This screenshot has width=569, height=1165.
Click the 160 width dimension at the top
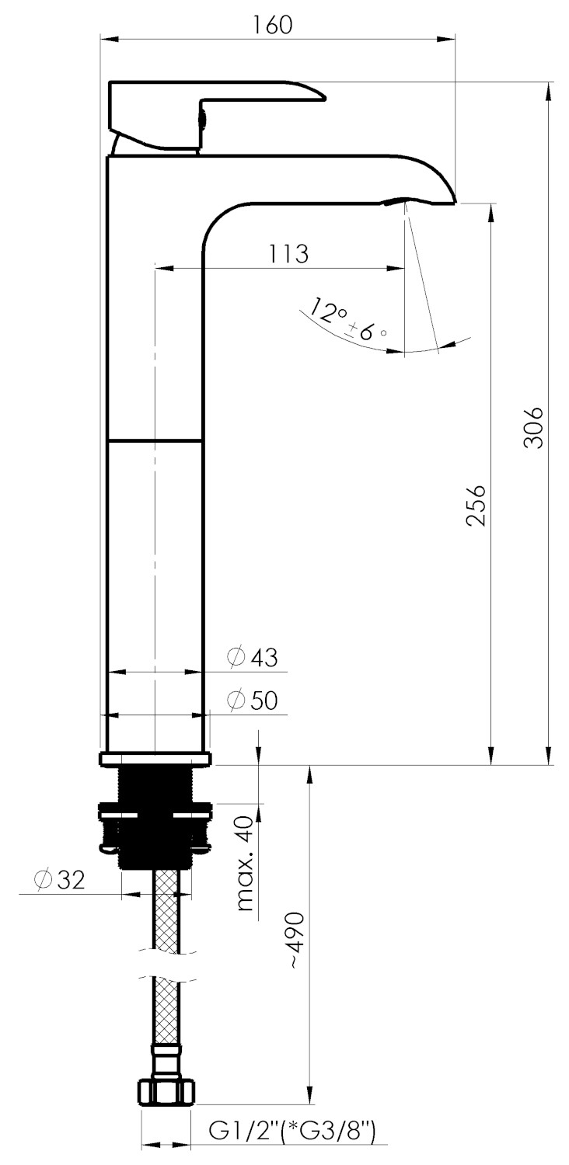pos(273,24)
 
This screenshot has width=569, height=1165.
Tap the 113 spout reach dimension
pos(288,254)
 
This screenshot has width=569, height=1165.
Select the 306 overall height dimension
pos(533,427)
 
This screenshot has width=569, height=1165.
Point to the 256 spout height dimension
pos(476,506)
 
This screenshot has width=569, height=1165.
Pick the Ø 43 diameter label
pos(253,657)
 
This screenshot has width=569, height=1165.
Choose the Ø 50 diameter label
pos(253,701)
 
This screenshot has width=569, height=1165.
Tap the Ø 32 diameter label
pos(59,879)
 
